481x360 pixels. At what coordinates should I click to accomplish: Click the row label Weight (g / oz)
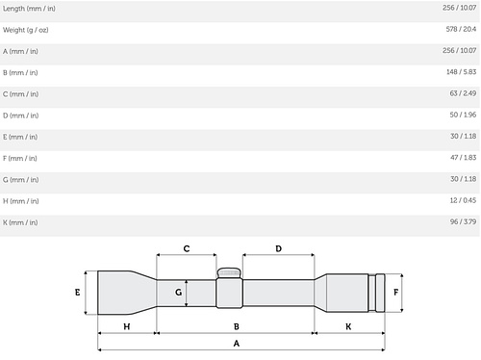(26, 30)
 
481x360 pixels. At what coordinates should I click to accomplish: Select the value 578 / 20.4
(461, 29)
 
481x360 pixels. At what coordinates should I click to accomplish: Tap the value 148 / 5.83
(461, 72)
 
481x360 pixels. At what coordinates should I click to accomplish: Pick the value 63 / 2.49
(463, 93)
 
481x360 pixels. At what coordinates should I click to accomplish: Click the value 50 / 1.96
(463, 115)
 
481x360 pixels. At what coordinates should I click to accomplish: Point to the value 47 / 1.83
(463, 158)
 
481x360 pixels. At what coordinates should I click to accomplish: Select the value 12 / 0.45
(463, 200)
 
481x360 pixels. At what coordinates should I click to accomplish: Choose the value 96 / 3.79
(463, 221)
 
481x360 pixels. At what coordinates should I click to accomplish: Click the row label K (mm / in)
(20, 222)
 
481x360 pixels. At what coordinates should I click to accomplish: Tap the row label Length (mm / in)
(29, 9)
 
